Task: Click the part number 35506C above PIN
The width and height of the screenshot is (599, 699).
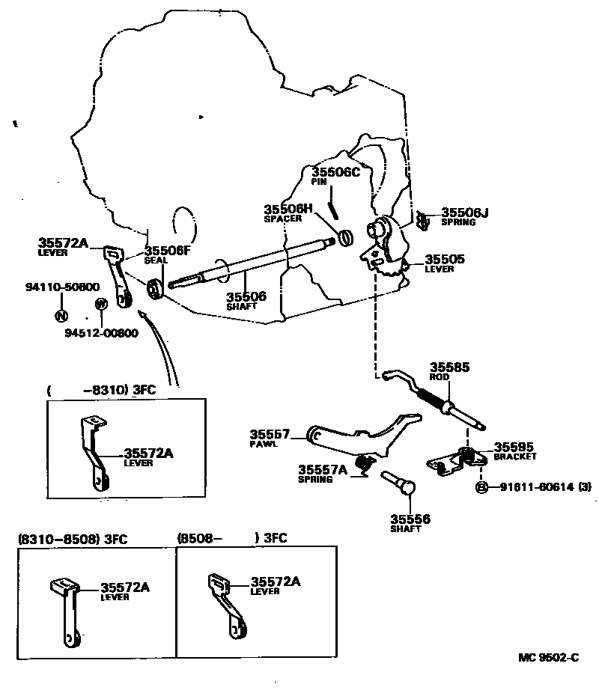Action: coord(336,171)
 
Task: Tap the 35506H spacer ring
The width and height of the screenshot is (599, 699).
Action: coord(346,237)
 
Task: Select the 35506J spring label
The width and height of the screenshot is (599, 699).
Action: coord(464,213)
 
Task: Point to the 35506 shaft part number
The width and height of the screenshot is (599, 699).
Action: coord(246,296)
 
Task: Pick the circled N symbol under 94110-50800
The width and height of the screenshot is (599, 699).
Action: coord(61,316)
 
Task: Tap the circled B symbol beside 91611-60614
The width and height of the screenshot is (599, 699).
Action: coord(482,487)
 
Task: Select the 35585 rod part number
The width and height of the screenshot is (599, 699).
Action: coord(449,367)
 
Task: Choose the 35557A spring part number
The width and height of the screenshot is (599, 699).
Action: coord(323,469)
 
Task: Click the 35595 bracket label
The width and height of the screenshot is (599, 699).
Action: coord(512,445)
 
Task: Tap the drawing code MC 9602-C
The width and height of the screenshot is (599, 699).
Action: coord(549,658)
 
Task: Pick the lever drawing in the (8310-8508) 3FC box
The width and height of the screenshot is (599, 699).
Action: coord(68,610)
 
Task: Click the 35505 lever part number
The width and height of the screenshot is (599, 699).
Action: coord(445,259)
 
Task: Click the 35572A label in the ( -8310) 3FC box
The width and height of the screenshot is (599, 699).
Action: coord(148,453)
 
